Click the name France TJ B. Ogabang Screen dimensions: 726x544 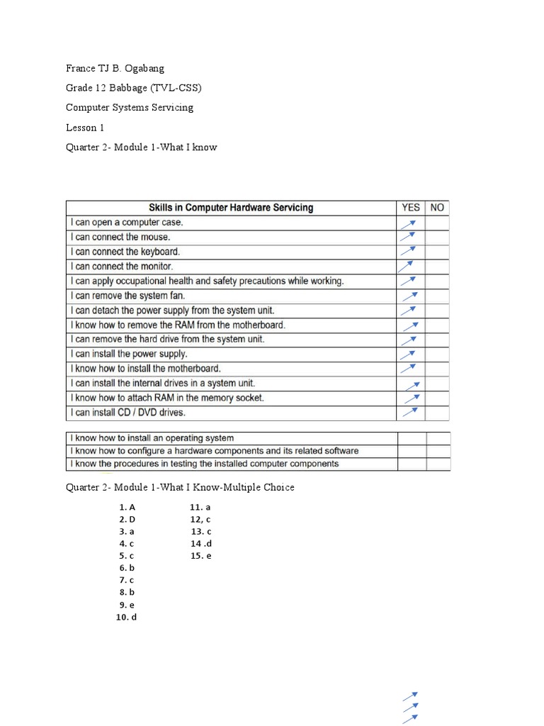[115, 69]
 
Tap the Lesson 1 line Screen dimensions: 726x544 [85, 128]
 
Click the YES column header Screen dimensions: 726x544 [411, 208]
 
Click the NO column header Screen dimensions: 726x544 [438, 208]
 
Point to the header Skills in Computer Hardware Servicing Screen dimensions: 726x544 [231, 208]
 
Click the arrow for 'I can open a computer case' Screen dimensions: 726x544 [408, 223]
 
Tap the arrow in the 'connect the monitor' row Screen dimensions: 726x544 [406, 267]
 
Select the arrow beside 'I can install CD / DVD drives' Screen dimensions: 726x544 [410, 412]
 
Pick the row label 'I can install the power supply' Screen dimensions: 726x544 [129, 354]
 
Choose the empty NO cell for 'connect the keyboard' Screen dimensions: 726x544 [438, 252]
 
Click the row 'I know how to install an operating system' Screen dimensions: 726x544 [152, 438]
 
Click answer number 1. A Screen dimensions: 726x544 [127, 508]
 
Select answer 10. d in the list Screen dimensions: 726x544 [126, 618]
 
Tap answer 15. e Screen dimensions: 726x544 [201, 556]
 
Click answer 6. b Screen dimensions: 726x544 [127, 568]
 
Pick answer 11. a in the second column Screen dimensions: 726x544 [200, 508]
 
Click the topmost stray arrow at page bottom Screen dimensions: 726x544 [411, 696]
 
